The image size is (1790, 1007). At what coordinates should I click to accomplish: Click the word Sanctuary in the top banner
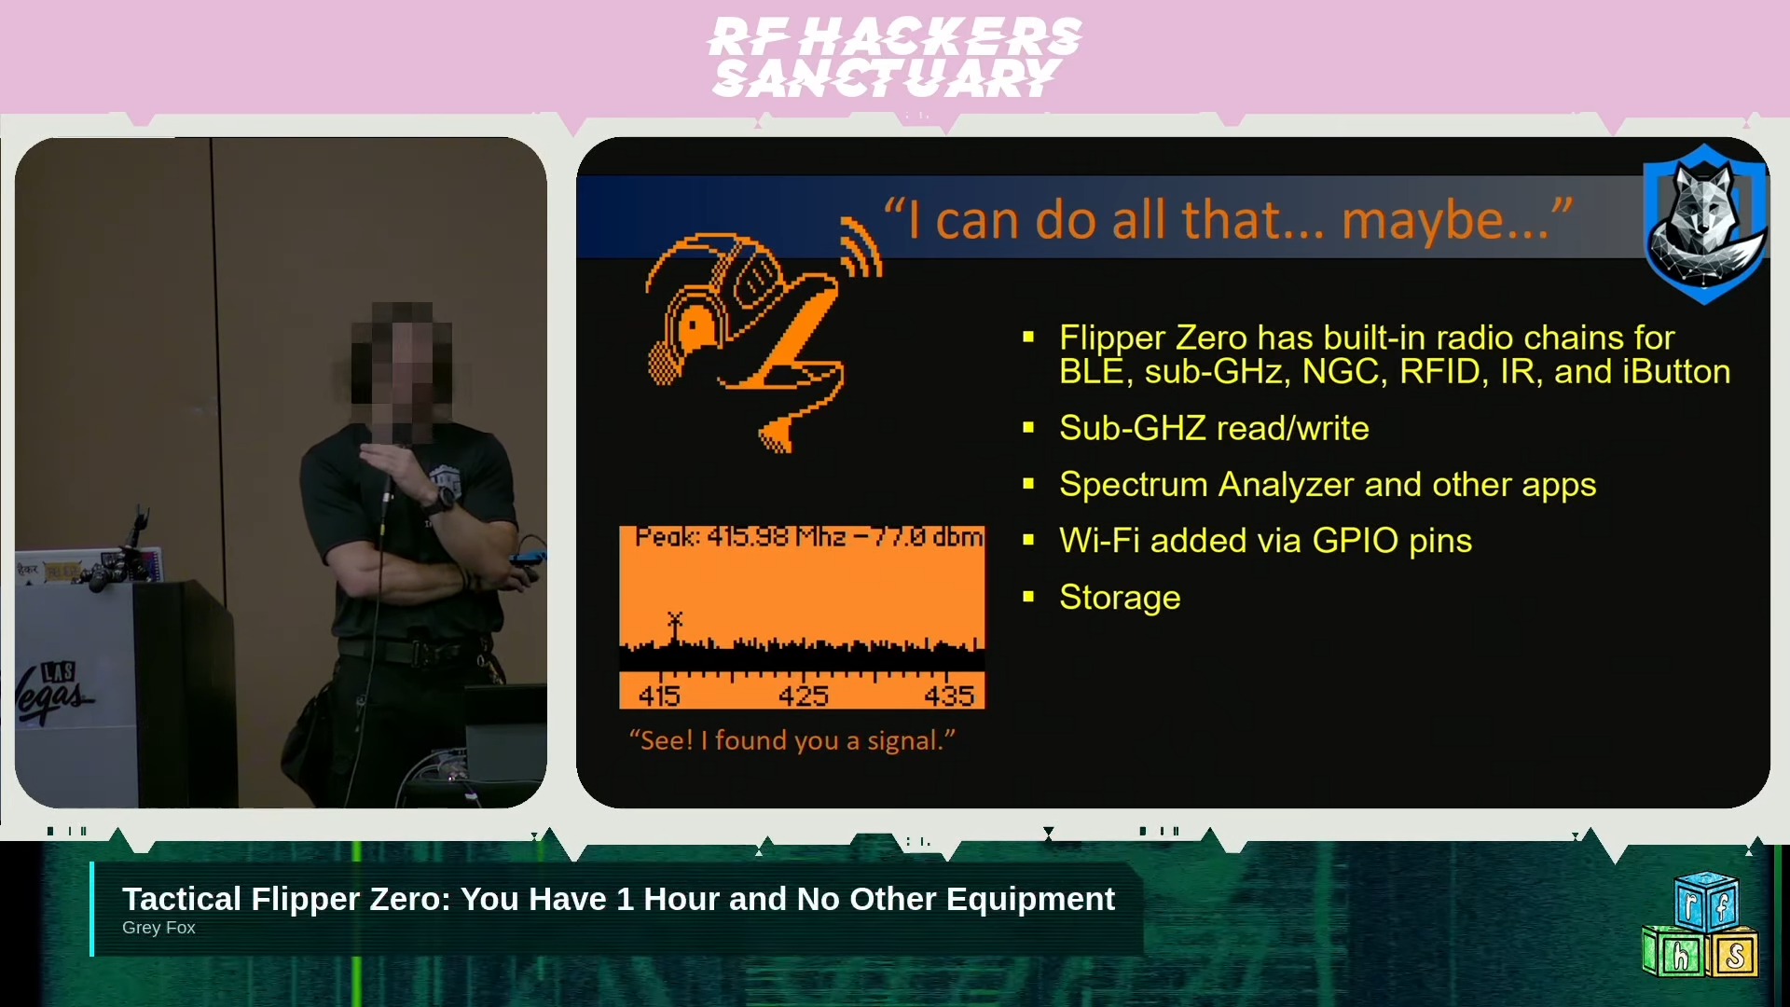(x=886, y=78)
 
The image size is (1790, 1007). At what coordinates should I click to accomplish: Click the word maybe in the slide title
(x=1444, y=221)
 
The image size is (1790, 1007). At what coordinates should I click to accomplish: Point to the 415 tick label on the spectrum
(x=659, y=696)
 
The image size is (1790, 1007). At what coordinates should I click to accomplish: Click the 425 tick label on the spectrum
(x=804, y=696)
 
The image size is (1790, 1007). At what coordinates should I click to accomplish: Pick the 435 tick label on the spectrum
(x=949, y=696)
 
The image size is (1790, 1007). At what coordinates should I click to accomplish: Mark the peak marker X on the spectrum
(x=675, y=619)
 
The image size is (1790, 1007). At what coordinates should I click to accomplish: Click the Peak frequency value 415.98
(x=748, y=537)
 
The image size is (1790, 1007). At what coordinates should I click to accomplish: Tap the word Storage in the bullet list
(x=1120, y=598)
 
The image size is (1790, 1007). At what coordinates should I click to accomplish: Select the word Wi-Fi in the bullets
(x=1099, y=541)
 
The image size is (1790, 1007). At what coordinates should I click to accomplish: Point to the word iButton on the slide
(x=1676, y=372)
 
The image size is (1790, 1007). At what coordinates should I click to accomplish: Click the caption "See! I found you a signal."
(x=792, y=740)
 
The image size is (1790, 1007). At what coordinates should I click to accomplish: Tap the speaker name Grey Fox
(x=158, y=928)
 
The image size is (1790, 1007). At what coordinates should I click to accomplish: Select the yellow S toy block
(x=1733, y=955)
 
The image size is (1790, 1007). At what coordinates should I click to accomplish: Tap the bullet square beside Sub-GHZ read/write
(x=1028, y=428)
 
